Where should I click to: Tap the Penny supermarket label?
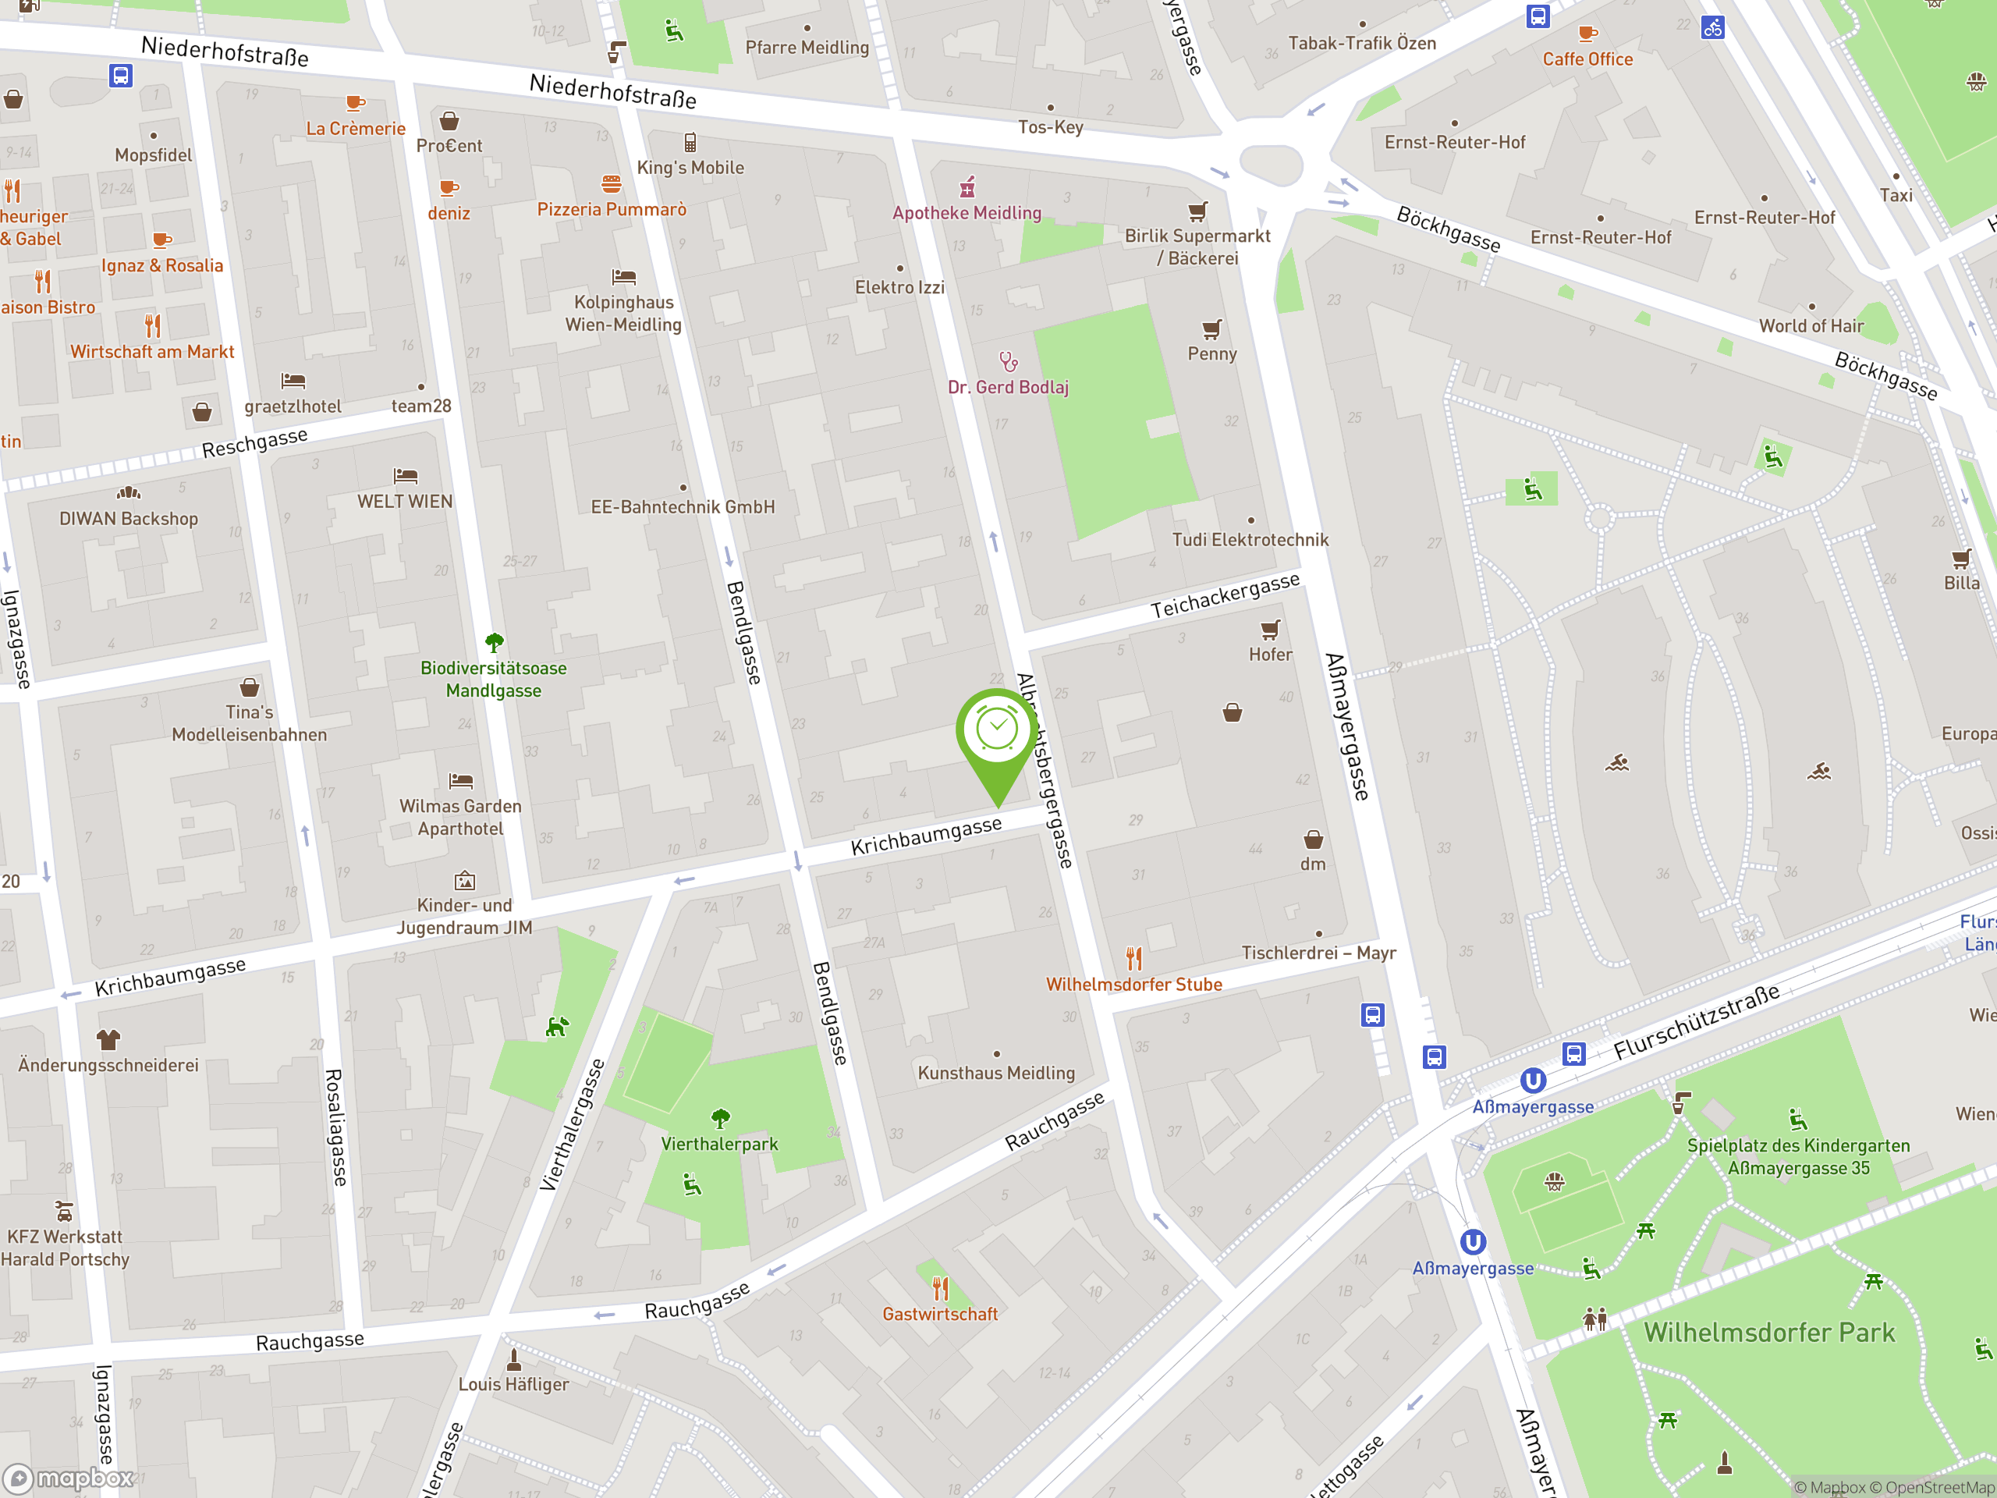point(1211,354)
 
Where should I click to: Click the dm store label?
point(1313,864)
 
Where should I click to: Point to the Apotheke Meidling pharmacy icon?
point(967,188)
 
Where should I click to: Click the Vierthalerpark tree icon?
point(719,1119)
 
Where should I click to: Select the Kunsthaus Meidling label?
point(996,1073)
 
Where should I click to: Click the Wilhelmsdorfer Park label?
point(1768,1333)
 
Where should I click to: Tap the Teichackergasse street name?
point(1224,596)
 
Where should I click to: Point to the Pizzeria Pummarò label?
point(612,209)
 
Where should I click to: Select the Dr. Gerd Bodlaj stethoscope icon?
point(1009,362)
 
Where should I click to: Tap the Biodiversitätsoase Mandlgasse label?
point(493,679)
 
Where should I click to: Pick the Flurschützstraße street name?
point(1697,1021)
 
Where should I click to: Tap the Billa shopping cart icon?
point(1961,558)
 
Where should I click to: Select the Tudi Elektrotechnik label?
point(1250,540)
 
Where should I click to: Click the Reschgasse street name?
point(254,442)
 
